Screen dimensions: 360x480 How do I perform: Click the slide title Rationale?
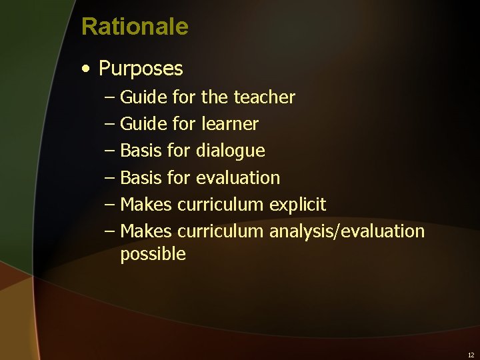(x=135, y=27)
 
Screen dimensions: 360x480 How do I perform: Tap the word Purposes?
(x=141, y=69)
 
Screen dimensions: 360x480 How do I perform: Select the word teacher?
(x=265, y=97)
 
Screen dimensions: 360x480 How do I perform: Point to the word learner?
(x=229, y=124)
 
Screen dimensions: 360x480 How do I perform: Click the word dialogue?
(x=230, y=151)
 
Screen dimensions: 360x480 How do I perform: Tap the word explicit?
(x=297, y=205)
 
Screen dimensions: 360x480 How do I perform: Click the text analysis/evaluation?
(x=347, y=231)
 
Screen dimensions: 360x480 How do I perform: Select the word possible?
(x=153, y=254)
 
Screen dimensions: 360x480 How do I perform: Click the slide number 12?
(x=471, y=355)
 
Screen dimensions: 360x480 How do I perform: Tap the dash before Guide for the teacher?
(x=110, y=97)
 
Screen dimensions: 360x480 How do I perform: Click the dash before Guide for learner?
(x=110, y=124)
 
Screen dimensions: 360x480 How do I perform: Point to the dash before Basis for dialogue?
(x=110, y=151)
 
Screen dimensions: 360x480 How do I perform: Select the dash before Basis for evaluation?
(x=110, y=178)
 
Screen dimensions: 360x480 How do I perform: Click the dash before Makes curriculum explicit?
(x=110, y=205)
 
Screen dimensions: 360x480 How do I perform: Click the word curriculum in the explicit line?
(x=221, y=205)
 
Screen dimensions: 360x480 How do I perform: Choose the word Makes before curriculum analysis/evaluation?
(x=146, y=231)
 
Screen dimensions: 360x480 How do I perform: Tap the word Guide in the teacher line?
(x=144, y=97)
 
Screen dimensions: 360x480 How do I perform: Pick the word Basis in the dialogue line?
(x=141, y=151)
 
